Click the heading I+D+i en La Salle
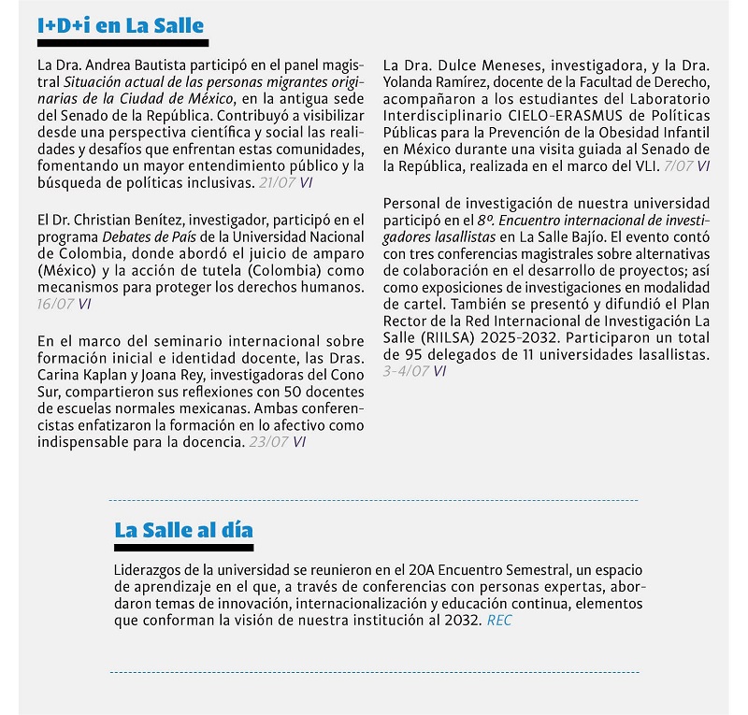point(121,25)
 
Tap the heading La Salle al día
point(183,530)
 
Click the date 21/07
point(277,183)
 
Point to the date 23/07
point(269,442)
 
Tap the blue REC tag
point(499,621)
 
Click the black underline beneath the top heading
point(121,43)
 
